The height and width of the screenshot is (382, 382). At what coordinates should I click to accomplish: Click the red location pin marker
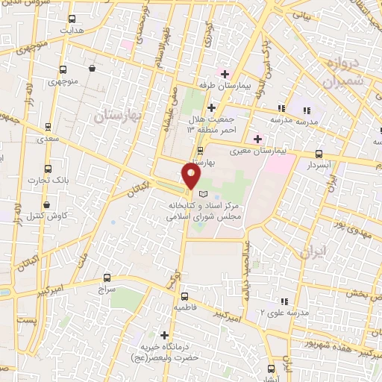click(192, 176)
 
